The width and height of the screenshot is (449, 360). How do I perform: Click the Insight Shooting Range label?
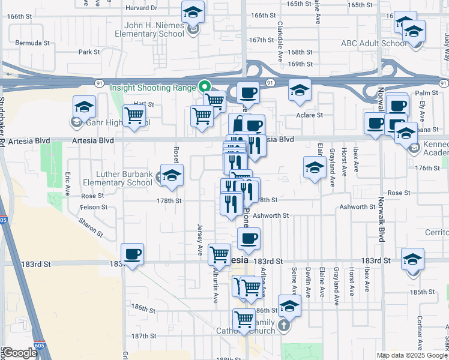point(154,87)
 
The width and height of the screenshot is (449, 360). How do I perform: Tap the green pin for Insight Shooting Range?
point(204,87)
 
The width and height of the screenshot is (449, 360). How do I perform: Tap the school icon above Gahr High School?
point(85,107)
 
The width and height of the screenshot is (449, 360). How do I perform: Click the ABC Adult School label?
point(375,43)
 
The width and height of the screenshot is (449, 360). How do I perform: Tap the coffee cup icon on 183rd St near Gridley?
point(132,254)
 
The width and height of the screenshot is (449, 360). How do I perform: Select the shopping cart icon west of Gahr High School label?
point(134,115)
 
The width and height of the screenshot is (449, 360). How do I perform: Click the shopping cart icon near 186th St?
point(244,319)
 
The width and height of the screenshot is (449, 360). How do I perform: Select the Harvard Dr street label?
point(141,8)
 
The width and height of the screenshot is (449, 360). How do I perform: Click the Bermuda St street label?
point(32,43)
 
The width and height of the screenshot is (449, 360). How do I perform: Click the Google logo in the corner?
point(20,353)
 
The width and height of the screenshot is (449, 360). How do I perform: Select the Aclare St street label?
point(309,115)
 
